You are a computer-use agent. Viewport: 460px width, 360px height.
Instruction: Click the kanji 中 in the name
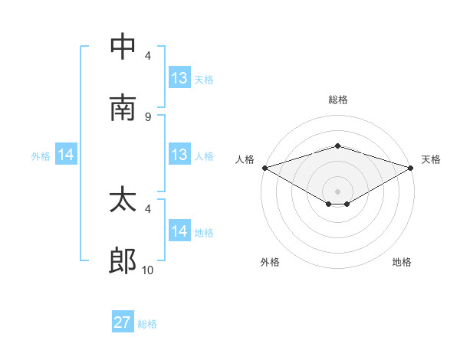point(123,47)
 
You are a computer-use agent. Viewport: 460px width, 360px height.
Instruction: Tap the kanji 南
point(123,108)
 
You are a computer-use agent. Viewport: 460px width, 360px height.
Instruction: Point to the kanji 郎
point(123,262)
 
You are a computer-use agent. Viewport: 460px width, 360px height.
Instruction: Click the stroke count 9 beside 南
point(147,116)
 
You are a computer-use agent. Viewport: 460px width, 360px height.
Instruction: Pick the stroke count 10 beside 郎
point(147,270)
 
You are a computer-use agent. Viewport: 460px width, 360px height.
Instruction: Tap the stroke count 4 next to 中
point(147,55)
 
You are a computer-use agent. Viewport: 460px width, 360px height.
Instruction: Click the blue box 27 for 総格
point(123,322)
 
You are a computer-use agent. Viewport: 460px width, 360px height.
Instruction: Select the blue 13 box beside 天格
point(179,78)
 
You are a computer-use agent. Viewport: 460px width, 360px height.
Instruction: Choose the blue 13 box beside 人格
point(179,155)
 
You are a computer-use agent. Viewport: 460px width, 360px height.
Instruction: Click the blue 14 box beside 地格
point(179,231)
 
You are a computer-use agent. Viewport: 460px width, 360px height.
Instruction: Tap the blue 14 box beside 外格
point(66,155)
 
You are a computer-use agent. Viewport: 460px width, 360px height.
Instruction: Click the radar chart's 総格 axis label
point(337,100)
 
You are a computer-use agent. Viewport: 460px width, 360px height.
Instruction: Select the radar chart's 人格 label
point(245,159)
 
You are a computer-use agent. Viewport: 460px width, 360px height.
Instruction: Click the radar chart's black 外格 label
point(270,262)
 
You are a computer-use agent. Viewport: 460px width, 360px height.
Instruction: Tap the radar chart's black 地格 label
point(402,262)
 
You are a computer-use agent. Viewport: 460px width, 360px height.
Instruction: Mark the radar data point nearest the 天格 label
point(412,167)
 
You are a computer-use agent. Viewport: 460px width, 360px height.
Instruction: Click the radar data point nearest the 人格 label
point(264,167)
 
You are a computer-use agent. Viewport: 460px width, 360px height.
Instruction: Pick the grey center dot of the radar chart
point(337,191)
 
